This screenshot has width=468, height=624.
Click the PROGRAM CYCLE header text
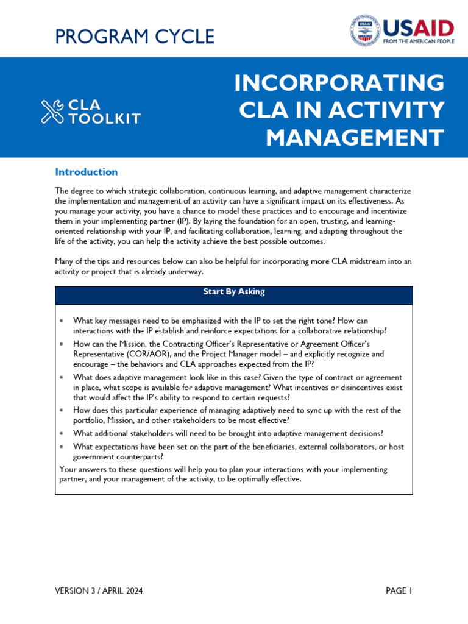(x=135, y=37)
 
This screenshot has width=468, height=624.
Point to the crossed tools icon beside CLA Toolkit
(x=52, y=112)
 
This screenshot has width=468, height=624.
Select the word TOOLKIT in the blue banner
(x=104, y=119)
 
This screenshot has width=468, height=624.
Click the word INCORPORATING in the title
(x=339, y=83)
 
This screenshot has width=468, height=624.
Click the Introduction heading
(x=86, y=172)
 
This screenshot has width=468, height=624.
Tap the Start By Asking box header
(x=234, y=292)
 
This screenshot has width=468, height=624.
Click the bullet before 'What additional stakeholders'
(x=62, y=434)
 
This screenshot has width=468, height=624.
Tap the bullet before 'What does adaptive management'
(x=62, y=378)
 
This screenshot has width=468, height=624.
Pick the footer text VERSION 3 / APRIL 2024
(x=99, y=591)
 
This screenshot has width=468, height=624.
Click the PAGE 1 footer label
(x=399, y=591)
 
